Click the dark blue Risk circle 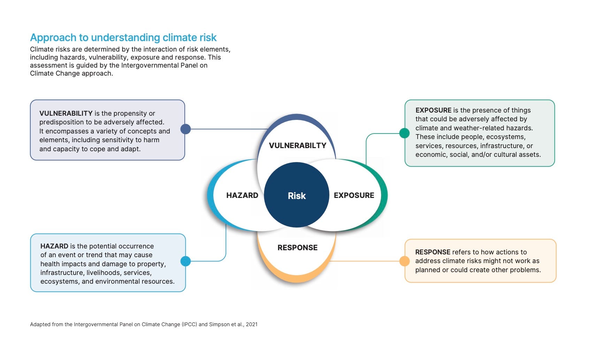click(296, 195)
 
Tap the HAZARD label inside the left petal click(242, 195)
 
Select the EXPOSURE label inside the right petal click(354, 195)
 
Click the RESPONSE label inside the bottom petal click(297, 247)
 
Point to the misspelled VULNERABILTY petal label click(297, 145)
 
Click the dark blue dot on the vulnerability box click(185, 129)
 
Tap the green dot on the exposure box click(404, 133)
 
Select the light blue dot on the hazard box click(185, 261)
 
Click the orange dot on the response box click(404, 261)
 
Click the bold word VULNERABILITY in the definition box click(66, 113)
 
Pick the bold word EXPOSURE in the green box click(433, 110)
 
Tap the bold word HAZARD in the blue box click(54, 246)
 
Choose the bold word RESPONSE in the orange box click(433, 252)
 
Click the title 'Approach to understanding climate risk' click(123, 37)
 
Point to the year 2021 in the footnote click(251, 324)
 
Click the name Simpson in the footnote click(220, 324)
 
